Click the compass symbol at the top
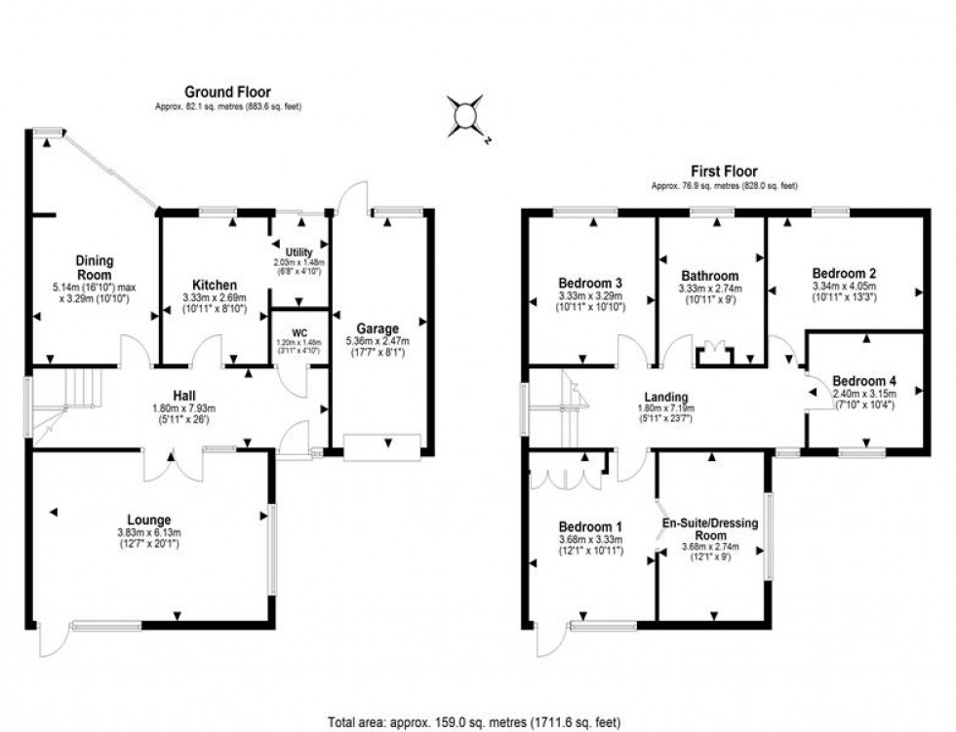pos(466,116)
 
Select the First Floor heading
pos(723,172)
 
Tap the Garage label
pos(376,328)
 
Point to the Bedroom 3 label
pos(590,283)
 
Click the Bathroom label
pos(710,276)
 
